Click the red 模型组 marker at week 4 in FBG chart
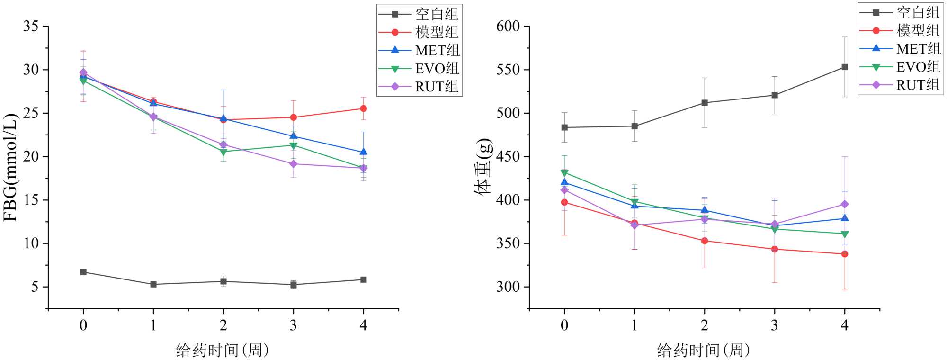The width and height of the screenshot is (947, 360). click(363, 108)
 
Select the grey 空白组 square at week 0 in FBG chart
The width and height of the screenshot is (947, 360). click(83, 272)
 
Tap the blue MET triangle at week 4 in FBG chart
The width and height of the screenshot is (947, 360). click(363, 152)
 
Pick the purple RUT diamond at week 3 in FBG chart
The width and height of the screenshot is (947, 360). click(294, 164)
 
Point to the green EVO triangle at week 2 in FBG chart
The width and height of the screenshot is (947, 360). click(223, 152)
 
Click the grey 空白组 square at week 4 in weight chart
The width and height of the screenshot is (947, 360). click(844, 67)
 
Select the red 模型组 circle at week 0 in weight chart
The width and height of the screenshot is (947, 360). click(564, 202)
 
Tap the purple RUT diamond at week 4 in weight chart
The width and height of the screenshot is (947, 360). click(844, 204)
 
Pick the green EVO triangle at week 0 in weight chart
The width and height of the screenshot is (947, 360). click(564, 173)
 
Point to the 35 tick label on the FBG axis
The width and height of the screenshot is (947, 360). click(31, 26)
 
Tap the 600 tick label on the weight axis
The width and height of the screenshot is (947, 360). click(508, 26)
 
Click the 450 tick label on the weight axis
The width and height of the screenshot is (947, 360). click(508, 156)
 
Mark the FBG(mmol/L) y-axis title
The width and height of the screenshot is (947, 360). click(10, 167)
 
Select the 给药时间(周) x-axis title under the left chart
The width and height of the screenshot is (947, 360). click(223, 350)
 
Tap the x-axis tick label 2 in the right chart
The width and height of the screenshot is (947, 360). click(705, 325)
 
